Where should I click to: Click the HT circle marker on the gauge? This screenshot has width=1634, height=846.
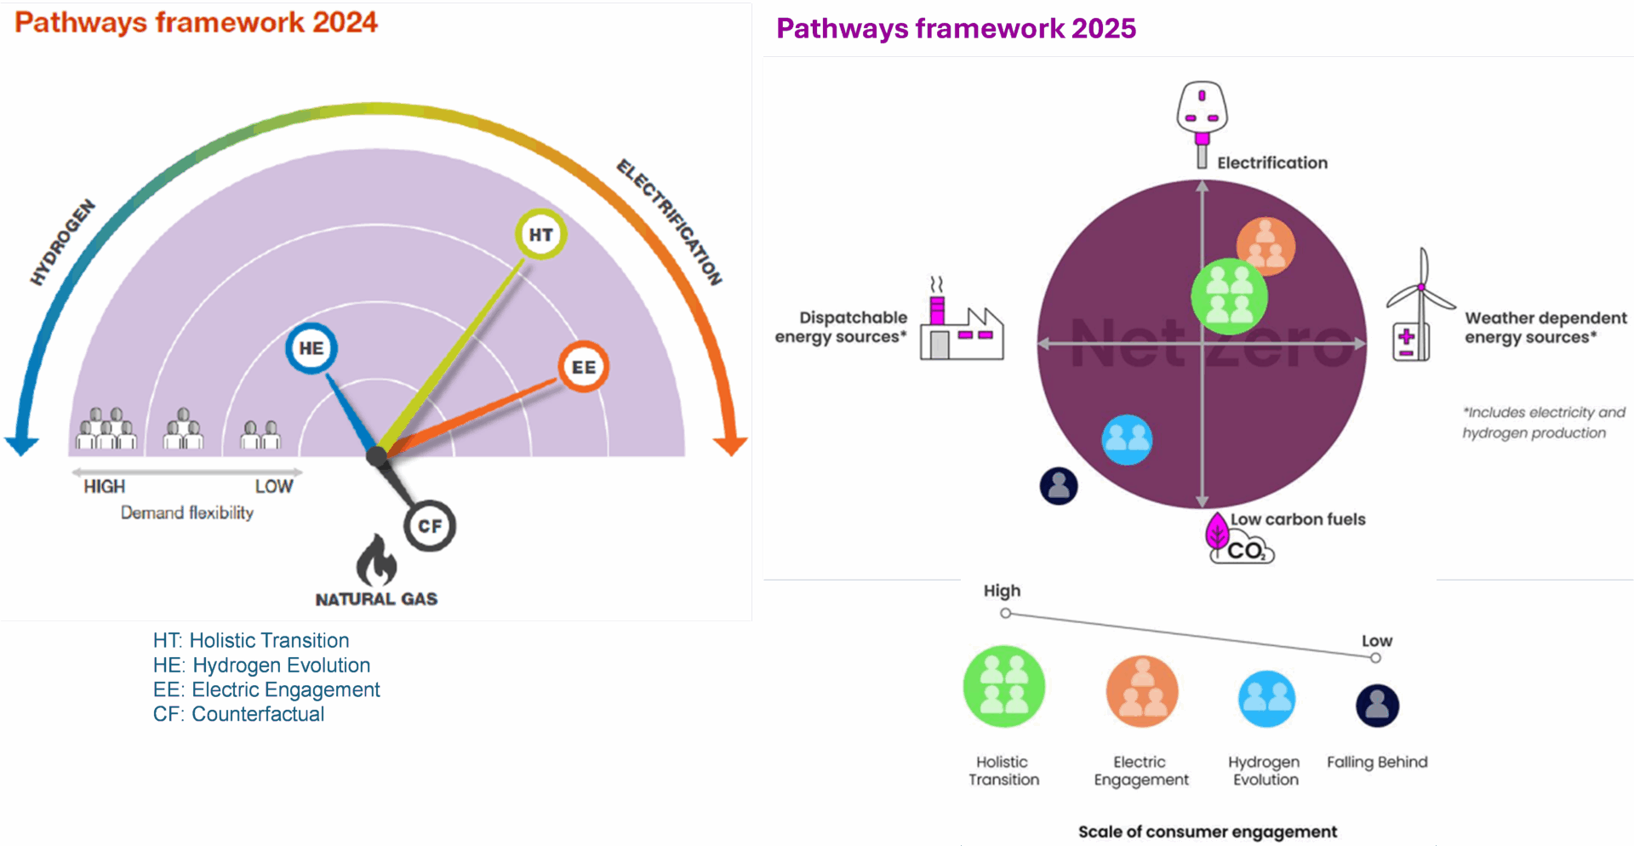pos(540,234)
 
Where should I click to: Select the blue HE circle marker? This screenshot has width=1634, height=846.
pos(311,348)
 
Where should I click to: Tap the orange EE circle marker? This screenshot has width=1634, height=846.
pos(583,367)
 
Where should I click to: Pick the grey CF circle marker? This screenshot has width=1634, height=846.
pos(430,526)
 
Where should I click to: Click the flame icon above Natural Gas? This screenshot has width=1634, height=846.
pos(376,559)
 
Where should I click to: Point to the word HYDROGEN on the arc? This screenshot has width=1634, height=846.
pos(63,243)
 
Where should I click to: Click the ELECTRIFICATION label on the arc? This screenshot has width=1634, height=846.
pos(670,222)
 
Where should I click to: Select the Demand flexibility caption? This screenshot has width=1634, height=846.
pos(186,512)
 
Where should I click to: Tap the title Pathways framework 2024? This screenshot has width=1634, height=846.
pos(196,22)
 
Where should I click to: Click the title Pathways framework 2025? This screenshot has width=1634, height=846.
pos(956,29)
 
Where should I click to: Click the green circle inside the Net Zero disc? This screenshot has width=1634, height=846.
pos(1229,296)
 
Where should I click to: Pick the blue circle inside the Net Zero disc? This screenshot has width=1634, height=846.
pos(1127,439)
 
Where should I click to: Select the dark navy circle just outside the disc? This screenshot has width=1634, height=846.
pos(1059,486)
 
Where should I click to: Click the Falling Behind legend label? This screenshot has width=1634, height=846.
pos(1377,762)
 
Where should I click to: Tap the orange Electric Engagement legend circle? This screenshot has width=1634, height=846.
pos(1142,691)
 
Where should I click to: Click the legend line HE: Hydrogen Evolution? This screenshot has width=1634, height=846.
pos(261,665)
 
